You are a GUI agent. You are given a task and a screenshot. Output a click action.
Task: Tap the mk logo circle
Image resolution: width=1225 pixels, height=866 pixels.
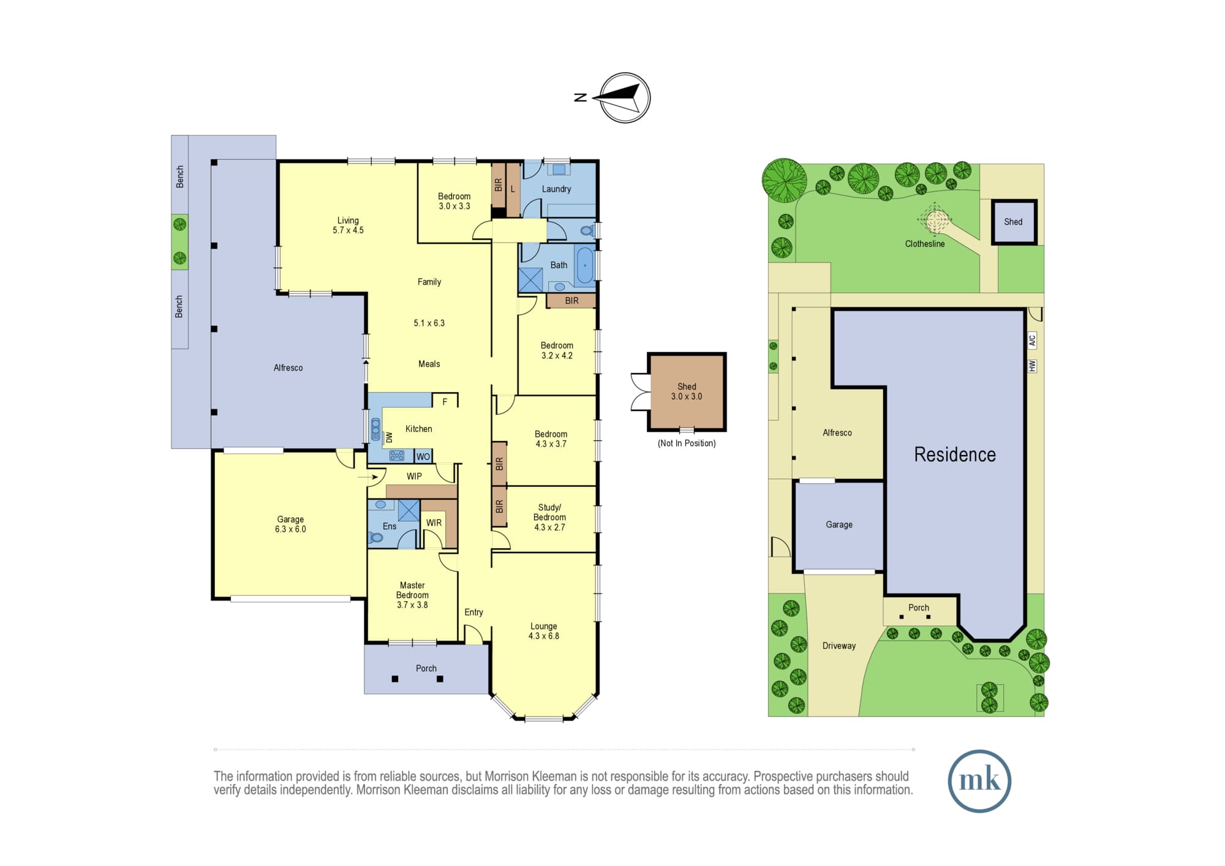click(979, 781)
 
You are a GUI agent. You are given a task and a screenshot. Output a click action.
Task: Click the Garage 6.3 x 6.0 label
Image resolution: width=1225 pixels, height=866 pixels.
click(290, 524)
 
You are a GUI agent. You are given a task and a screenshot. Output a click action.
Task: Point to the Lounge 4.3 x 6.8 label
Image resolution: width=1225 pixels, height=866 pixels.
click(544, 631)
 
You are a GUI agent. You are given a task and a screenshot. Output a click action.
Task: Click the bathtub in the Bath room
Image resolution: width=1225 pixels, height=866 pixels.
click(585, 265)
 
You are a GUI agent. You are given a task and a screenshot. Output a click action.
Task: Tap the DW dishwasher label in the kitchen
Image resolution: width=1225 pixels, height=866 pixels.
click(389, 437)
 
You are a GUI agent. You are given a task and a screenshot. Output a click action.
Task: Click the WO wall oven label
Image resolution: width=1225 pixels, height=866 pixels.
click(423, 456)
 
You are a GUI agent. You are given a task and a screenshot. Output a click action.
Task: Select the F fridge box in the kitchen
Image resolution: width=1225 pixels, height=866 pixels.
click(445, 401)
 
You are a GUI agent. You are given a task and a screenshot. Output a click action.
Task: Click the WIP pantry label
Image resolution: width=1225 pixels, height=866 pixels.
click(414, 476)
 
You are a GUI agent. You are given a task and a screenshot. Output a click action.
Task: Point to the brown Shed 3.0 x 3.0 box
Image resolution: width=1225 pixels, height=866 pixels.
click(687, 391)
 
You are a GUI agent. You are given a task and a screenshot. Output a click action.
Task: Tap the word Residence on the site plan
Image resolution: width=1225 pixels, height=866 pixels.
click(955, 454)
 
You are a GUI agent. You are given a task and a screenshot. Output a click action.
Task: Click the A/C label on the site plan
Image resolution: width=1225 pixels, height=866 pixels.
click(1032, 340)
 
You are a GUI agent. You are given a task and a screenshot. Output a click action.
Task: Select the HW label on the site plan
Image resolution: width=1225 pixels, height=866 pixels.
click(1032, 366)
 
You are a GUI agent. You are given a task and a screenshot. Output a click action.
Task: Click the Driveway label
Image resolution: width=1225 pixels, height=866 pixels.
click(839, 646)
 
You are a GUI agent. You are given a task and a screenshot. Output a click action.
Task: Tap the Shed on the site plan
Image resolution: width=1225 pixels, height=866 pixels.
click(1014, 222)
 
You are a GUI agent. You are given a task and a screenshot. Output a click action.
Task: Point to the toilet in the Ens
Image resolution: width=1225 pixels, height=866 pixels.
click(375, 537)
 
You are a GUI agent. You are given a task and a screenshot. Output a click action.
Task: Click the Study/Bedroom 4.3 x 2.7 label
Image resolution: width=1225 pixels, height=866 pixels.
click(549, 517)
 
